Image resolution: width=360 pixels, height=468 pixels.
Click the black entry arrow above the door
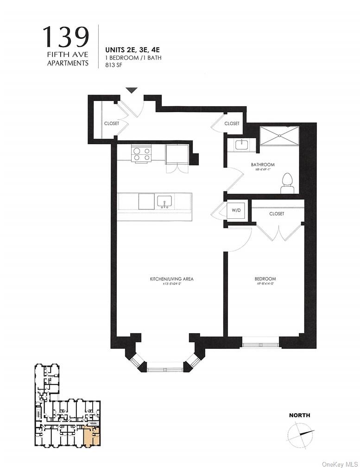132,90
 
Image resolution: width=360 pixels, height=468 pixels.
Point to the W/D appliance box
235,210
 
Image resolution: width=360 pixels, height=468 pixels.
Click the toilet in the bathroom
288,183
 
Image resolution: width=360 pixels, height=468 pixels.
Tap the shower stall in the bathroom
279,136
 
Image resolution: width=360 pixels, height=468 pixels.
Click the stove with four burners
141,153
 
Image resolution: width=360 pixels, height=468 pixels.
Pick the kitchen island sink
164,201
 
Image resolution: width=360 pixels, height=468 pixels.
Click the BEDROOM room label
265,279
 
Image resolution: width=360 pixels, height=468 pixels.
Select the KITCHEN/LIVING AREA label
171,279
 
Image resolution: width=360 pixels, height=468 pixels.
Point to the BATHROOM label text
263,164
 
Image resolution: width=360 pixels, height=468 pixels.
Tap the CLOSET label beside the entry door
111,123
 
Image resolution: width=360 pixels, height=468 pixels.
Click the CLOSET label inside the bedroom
277,214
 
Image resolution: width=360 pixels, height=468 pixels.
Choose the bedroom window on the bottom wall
260,345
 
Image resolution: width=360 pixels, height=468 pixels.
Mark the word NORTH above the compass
299,415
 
